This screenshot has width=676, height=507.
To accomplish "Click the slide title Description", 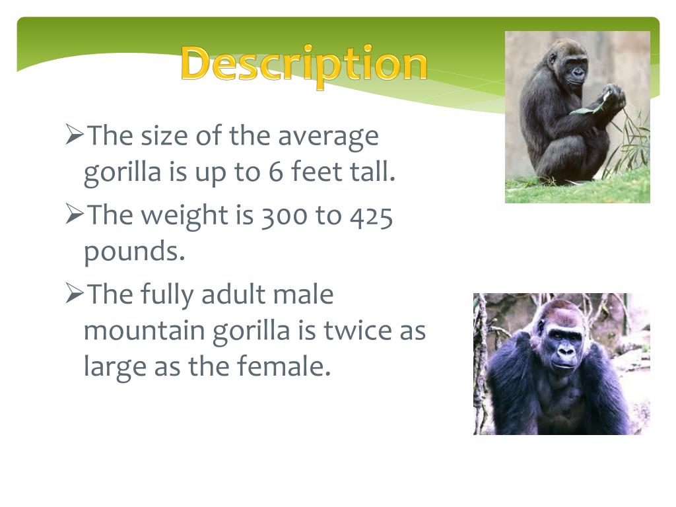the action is point(304,65).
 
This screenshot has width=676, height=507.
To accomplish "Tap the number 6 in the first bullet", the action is point(275,171).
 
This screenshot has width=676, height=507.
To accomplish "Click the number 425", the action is point(371,216).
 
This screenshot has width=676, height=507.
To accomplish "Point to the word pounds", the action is point(134,252).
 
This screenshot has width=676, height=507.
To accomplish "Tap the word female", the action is point(284,366).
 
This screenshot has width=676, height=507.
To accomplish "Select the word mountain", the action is point(144,330).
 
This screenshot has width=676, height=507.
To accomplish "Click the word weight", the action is point(185,216).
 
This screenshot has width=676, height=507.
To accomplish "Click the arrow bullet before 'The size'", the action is point(74,134).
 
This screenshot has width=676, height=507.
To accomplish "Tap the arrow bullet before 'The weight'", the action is point(74,214).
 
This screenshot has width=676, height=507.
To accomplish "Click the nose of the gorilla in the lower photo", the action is point(565,351).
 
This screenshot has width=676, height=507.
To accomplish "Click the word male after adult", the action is point(304,294).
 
